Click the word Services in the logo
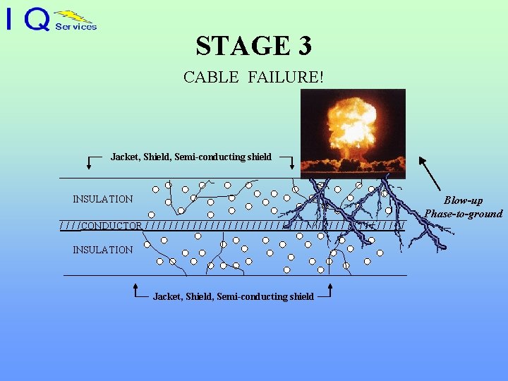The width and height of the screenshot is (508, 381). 75,27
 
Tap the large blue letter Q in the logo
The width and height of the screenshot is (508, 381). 37,20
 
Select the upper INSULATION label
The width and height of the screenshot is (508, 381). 102,199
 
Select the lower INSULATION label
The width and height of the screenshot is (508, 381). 102,250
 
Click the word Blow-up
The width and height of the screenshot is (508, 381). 463,201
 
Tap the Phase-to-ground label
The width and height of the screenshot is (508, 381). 463,214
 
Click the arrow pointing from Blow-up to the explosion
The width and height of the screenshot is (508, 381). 430,172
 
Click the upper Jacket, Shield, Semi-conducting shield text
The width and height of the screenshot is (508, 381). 190,157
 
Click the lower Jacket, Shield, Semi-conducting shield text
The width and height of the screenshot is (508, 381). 233,296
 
